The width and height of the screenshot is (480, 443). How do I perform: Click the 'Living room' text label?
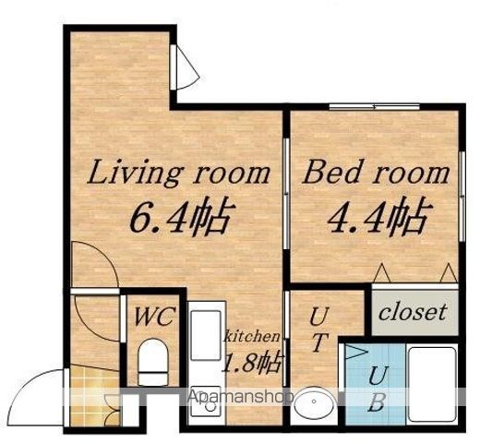[x=178, y=173]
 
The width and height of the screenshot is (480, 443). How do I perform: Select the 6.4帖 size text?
[x=182, y=216]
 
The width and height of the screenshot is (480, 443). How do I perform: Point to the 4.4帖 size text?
[x=379, y=216]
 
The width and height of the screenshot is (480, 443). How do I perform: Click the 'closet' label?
[x=413, y=312]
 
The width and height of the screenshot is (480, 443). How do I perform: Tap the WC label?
[x=153, y=316]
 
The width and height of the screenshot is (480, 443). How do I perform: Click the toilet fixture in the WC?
[x=153, y=362]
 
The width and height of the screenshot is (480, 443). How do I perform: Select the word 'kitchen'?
[x=252, y=336]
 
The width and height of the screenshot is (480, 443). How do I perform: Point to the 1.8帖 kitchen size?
[x=253, y=363]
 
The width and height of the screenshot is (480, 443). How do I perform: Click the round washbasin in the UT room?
[x=314, y=401]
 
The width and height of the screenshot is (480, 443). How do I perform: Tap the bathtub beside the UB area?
[x=431, y=385]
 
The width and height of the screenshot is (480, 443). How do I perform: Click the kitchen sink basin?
[x=206, y=335]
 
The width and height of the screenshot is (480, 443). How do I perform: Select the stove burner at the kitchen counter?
[x=210, y=405]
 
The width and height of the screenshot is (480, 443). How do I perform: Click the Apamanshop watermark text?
[x=240, y=397]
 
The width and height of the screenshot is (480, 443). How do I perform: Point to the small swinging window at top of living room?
[x=186, y=67]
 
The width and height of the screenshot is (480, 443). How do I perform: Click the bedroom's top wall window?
[x=374, y=107]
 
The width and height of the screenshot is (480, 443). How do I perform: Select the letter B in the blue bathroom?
[x=376, y=402]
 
